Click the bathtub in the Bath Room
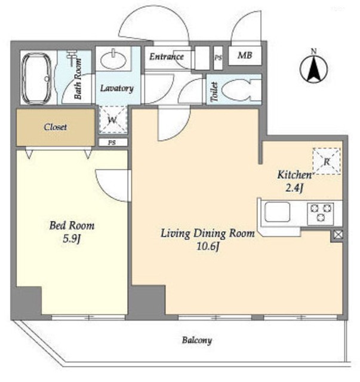(37, 78)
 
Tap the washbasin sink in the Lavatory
(113, 60)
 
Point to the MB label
(245, 56)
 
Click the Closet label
(56, 127)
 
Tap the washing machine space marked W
(113, 119)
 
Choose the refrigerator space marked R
(327, 161)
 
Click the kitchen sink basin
(278, 212)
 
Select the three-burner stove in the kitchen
(321, 214)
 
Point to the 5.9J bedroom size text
(72, 239)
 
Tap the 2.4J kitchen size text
(294, 188)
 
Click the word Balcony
(197, 340)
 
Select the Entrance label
(167, 57)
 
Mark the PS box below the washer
(113, 143)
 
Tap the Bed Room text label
(72, 226)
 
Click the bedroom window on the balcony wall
(88, 317)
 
